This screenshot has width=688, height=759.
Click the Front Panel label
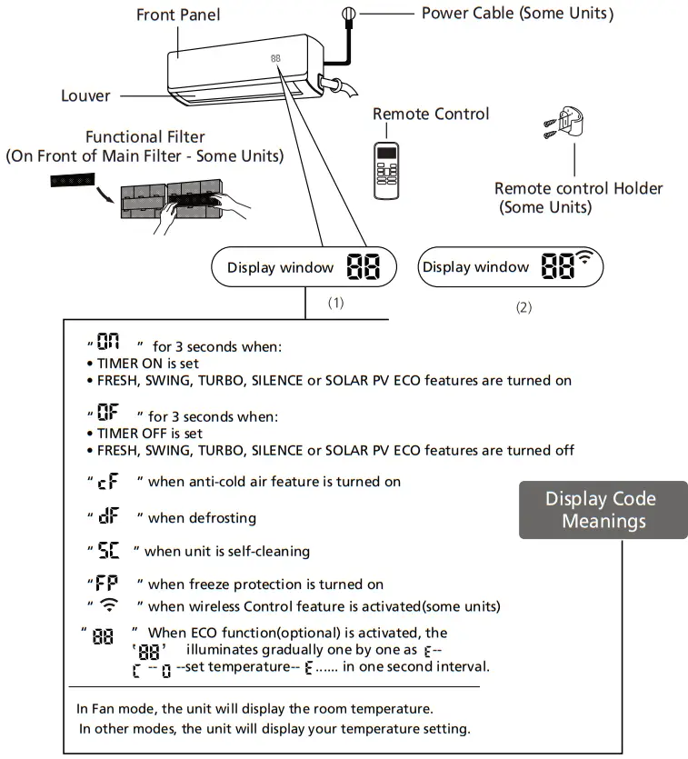pyautogui.click(x=178, y=15)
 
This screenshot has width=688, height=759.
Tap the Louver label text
pyautogui.click(x=85, y=95)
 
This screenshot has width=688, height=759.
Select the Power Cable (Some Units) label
pyautogui.click(x=517, y=14)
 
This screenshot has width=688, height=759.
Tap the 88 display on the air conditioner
pyautogui.click(x=275, y=59)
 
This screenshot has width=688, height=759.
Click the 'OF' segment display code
pyautogui.click(x=109, y=416)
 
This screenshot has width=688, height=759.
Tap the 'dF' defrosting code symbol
pyautogui.click(x=109, y=517)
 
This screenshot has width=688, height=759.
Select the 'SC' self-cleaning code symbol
pyautogui.click(x=109, y=551)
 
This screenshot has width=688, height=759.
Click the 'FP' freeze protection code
pyautogui.click(x=109, y=584)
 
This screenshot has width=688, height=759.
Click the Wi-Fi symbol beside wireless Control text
pyautogui.click(x=109, y=605)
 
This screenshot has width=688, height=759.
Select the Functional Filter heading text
pyautogui.click(x=145, y=137)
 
